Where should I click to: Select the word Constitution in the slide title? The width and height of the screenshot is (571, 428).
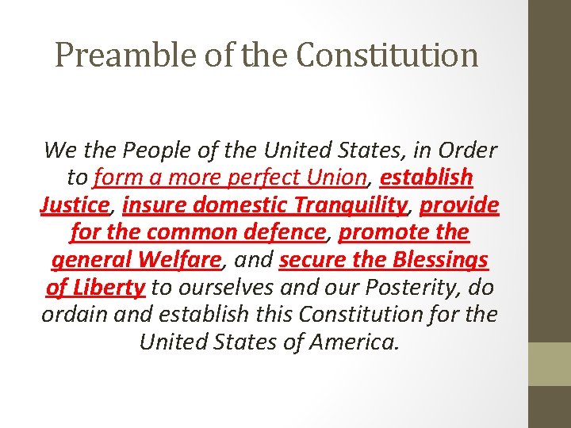tap(389, 55)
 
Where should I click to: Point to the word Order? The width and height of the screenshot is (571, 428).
tap(467, 149)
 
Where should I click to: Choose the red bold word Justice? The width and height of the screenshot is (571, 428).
tap(75, 204)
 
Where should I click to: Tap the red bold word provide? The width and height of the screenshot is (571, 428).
tap(459, 204)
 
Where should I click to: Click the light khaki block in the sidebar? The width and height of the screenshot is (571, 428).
tap(550, 364)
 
